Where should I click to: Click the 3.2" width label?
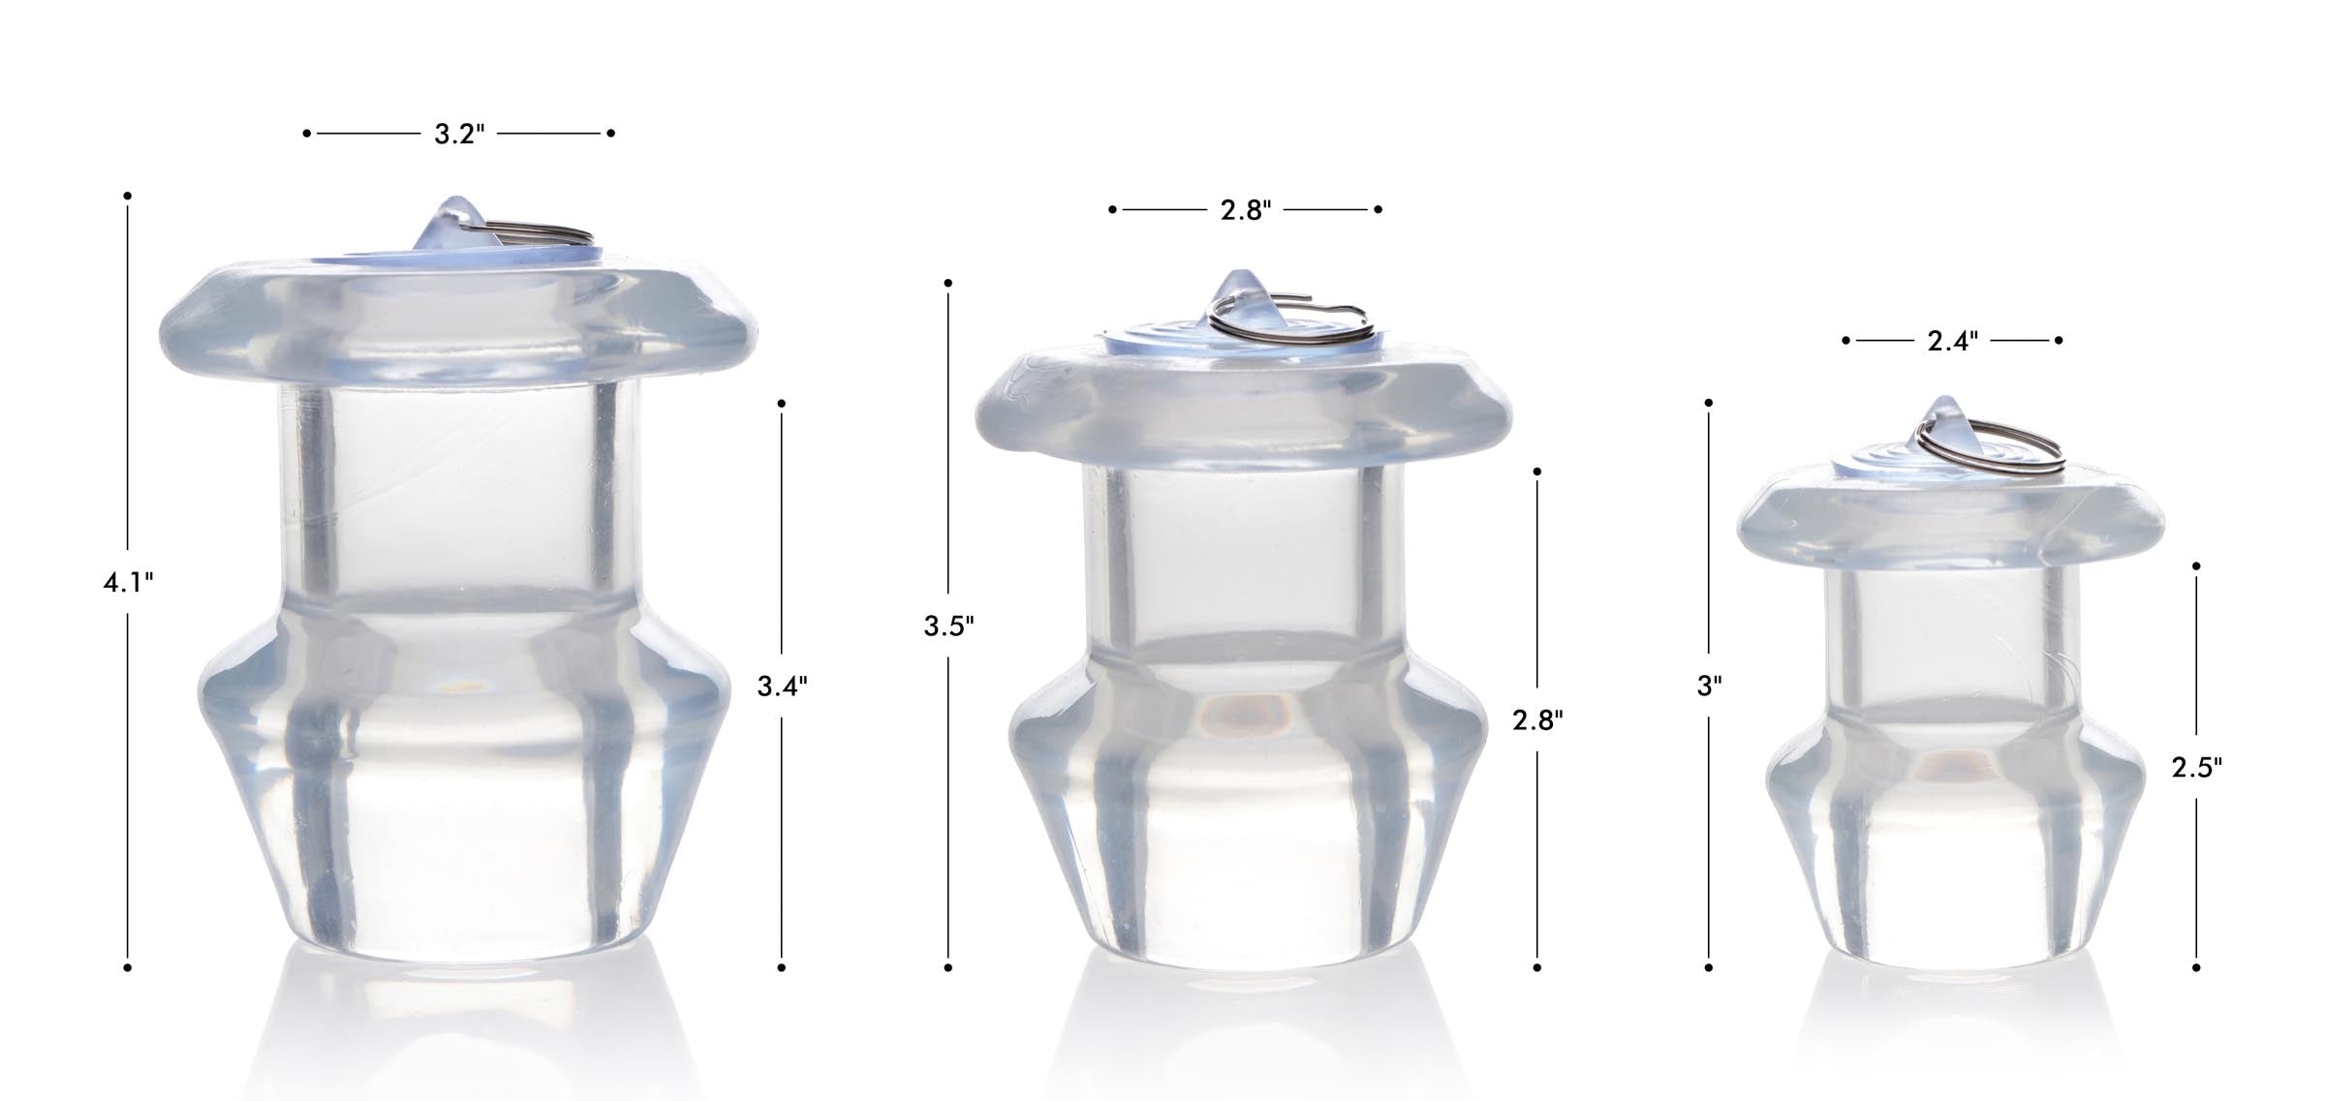click(x=458, y=134)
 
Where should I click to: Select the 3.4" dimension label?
click(x=782, y=687)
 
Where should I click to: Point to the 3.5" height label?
click(x=948, y=626)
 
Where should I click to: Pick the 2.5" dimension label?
click(x=2196, y=767)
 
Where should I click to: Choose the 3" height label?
click(x=1709, y=687)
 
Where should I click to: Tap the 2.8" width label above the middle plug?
click(x=1245, y=210)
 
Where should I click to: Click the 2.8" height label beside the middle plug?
click(x=1537, y=719)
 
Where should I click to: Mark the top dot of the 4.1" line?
click(x=128, y=196)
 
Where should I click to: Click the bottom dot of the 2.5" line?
click(x=2196, y=967)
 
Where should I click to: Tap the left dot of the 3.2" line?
click(x=307, y=133)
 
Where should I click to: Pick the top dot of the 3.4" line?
click(x=782, y=403)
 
